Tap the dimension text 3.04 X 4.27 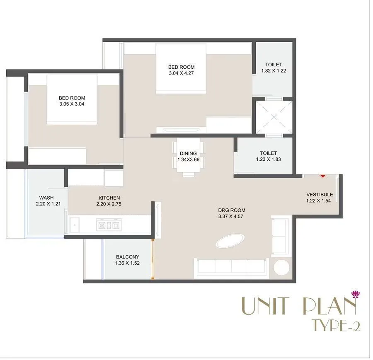pyautogui.click(x=181, y=74)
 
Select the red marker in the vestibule pyautogui.click(x=323, y=176)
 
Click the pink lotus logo pyautogui.click(x=355, y=294)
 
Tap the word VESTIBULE pyautogui.click(x=320, y=195)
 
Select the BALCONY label pyautogui.click(x=128, y=257)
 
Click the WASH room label pyautogui.click(x=46, y=198)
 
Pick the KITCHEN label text pyautogui.click(x=109, y=198)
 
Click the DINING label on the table pyautogui.click(x=188, y=153)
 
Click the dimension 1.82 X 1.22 pyautogui.click(x=274, y=71)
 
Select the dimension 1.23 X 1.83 pyautogui.click(x=268, y=159)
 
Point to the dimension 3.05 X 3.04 pyautogui.click(x=72, y=104)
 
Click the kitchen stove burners pyautogui.click(x=108, y=225)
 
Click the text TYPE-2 pyautogui.click(x=335, y=326)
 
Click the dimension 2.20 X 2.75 pyautogui.click(x=109, y=204)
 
